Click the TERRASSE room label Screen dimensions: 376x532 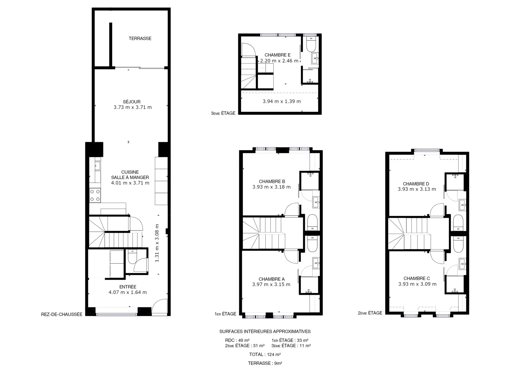point(140,39)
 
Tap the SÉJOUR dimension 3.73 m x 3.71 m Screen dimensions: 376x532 point(132,107)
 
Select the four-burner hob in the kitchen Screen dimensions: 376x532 point(95,195)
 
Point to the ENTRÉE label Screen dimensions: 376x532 point(128,287)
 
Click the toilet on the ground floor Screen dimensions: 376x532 point(132,257)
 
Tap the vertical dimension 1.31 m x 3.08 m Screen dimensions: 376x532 point(157,243)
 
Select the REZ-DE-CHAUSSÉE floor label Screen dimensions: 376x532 point(62,314)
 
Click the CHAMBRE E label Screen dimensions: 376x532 point(277,55)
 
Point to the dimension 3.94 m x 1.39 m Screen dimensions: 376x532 point(282,101)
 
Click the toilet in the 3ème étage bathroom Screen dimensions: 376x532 point(311,45)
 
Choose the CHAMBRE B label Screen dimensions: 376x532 point(272,181)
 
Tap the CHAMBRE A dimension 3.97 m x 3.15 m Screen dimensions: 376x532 point(271,285)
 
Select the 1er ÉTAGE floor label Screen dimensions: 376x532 point(225,314)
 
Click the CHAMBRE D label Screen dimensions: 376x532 point(416,184)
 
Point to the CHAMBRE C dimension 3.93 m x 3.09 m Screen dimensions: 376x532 point(417,284)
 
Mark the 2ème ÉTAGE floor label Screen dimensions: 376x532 point(370,313)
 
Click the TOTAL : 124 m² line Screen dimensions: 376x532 point(265,354)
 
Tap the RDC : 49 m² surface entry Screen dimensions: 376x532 point(237,340)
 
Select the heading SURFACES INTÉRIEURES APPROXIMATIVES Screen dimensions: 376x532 point(265,332)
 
